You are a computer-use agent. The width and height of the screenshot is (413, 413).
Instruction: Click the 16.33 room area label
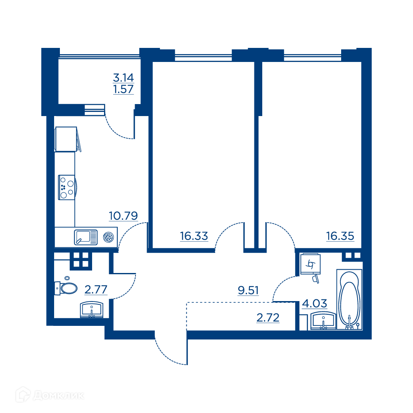pyautogui.click(x=194, y=236)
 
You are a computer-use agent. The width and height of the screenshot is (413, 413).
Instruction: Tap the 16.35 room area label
pyautogui.click(x=340, y=236)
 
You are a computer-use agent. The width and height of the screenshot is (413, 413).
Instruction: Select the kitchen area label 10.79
pyautogui.click(x=123, y=216)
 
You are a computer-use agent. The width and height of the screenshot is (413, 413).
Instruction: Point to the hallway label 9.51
pyautogui.click(x=248, y=290)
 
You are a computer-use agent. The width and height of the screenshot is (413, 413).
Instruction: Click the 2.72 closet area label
pyautogui.click(x=268, y=318)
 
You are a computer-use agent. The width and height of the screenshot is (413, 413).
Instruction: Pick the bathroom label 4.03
pyautogui.click(x=314, y=304)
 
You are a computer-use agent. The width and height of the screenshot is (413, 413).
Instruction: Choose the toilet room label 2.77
pyautogui.click(x=96, y=290)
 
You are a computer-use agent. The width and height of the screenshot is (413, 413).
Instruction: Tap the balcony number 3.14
pyautogui.click(x=123, y=78)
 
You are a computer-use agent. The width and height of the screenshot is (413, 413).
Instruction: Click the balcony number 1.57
pyautogui.click(x=123, y=89)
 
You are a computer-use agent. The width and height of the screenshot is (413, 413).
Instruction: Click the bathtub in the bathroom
pyautogui.click(x=349, y=299)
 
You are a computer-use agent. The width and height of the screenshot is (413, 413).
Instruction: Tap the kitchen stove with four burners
pyautogui.click(x=67, y=187)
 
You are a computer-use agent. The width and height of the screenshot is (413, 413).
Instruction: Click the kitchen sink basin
pyautogui.click(x=85, y=237)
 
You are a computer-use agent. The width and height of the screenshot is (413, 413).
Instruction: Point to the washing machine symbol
pyautogui.click(x=311, y=264)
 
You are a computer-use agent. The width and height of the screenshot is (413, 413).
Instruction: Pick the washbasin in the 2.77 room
pyautogui.click(x=91, y=310)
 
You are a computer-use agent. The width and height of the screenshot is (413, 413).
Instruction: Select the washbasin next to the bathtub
pyautogui.click(x=323, y=320)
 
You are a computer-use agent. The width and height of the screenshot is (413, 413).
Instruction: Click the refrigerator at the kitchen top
pyautogui.click(x=66, y=139)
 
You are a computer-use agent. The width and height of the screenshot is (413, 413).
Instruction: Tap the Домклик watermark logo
pyautogui.click(x=50, y=395)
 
